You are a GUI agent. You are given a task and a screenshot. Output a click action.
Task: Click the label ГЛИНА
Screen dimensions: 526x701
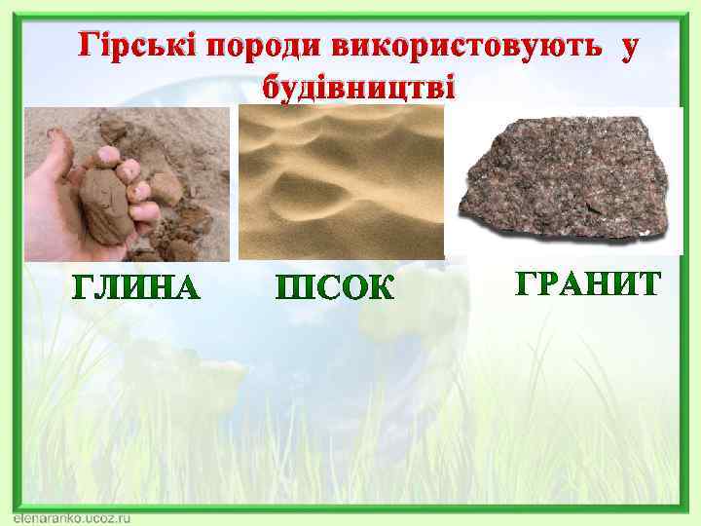[137, 288]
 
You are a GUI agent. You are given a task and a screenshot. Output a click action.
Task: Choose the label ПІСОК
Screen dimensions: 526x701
[336, 288]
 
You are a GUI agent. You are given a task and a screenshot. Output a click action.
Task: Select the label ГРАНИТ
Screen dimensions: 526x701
[588, 283]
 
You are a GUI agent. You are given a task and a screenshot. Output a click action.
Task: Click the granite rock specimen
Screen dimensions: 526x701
[566, 180]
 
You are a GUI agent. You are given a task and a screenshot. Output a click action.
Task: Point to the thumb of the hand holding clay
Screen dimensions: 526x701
[56, 156]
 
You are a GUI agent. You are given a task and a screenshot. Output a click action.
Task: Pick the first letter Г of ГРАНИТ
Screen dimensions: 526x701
[526, 283]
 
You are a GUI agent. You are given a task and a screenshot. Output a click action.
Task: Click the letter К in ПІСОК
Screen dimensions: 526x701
[381, 288]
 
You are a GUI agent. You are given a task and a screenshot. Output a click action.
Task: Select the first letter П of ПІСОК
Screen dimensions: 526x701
[289, 288]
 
